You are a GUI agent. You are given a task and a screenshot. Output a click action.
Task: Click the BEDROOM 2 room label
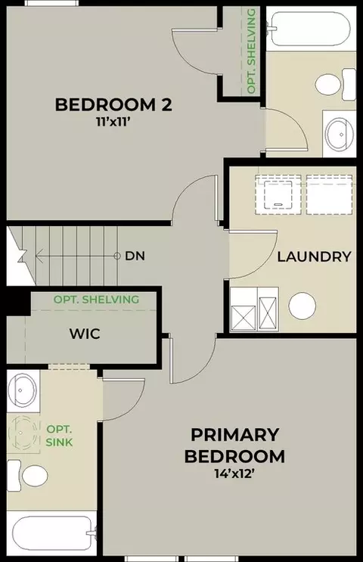(113, 104)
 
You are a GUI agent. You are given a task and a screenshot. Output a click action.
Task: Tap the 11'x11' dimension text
(113, 123)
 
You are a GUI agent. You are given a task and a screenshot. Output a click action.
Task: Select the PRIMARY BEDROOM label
(234, 446)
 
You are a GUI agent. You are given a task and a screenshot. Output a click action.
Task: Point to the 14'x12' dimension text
(234, 474)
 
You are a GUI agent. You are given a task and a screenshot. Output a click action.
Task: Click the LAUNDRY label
(315, 256)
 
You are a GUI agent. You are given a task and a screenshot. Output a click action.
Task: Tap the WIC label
(85, 334)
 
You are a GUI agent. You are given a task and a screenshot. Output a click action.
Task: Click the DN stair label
(135, 256)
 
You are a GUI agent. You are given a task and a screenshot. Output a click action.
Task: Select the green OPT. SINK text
(60, 436)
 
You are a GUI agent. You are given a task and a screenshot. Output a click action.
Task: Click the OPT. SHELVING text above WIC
(96, 300)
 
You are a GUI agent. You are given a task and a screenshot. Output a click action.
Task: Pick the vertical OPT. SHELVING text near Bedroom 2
(252, 51)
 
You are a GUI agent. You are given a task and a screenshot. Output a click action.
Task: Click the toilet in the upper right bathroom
(336, 84)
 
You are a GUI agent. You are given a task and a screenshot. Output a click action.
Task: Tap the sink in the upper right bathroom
(339, 134)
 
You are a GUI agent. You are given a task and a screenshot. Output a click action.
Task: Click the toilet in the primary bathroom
(27, 476)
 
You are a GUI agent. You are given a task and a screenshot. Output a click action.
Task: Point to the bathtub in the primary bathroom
(53, 533)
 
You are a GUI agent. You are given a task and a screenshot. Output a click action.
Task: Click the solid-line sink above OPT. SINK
(22, 390)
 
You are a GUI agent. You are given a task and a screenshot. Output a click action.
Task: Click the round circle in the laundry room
(302, 306)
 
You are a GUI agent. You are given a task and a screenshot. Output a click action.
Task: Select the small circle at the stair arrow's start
(116, 256)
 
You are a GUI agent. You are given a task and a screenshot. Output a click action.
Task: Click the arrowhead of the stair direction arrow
(39, 256)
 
